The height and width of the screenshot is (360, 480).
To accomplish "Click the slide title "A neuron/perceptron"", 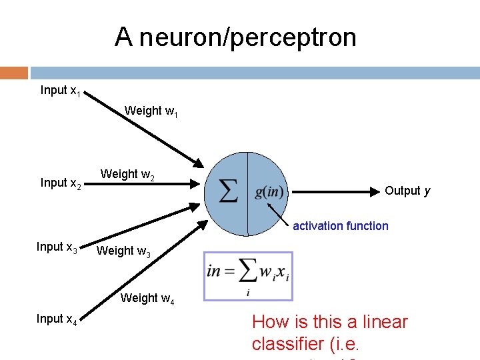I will (235, 37).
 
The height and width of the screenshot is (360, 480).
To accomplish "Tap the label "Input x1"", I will (61, 91).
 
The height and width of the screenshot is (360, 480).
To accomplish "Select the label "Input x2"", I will (61, 183).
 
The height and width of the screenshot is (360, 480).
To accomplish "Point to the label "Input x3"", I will (57, 247).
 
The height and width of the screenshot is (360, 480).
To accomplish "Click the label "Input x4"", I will (57, 320).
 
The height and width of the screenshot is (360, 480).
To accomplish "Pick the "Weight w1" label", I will (151, 111).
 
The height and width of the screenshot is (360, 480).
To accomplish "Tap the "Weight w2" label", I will (128, 175).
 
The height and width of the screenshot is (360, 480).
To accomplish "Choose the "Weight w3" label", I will (123, 251).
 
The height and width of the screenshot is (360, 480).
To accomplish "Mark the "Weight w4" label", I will (147, 299).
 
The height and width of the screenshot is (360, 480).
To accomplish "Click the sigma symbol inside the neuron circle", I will (229, 193).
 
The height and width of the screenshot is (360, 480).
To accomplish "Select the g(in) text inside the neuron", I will (269, 193).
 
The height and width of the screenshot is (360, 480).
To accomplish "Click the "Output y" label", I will (407, 191).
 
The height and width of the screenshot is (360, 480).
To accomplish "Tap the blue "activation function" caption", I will (340, 226).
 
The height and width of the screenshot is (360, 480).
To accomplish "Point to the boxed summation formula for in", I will (248, 275).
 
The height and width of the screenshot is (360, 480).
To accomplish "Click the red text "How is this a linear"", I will (329, 323).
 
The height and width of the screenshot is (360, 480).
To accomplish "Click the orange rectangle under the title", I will (14, 73).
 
